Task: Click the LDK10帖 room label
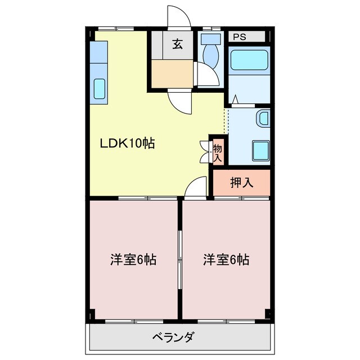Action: [x=127, y=143]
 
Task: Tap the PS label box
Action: [x=240, y=37]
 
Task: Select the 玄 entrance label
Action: [x=178, y=45]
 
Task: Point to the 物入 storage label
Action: [x=217, y=152]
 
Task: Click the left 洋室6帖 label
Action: [x=133, y=260]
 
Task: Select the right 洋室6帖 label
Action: [x=226, y=260]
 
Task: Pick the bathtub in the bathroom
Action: [x=249, y=59]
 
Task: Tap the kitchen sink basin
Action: [x=100, y=89]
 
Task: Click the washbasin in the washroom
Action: [x=263, y=119]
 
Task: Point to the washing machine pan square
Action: [x=260, y=150]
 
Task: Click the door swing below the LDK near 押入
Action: [x=196, y=187]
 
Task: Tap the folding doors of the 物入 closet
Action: [x=204, y=150]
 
